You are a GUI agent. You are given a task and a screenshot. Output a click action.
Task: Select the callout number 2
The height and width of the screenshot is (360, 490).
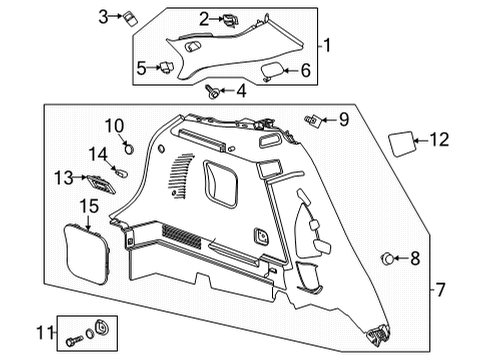[204, 17]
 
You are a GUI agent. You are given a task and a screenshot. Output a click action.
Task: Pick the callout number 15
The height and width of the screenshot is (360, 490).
[88, 207]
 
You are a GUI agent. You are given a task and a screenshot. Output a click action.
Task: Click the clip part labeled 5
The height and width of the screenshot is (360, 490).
[168, 67]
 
